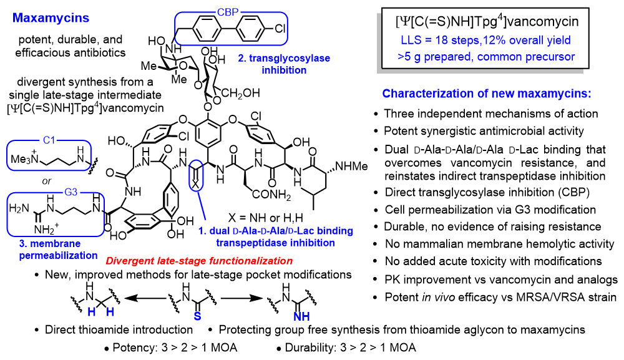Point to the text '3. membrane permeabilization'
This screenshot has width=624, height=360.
click(x=54, y=250)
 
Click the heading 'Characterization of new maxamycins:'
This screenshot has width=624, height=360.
click(x=486, y=94)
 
